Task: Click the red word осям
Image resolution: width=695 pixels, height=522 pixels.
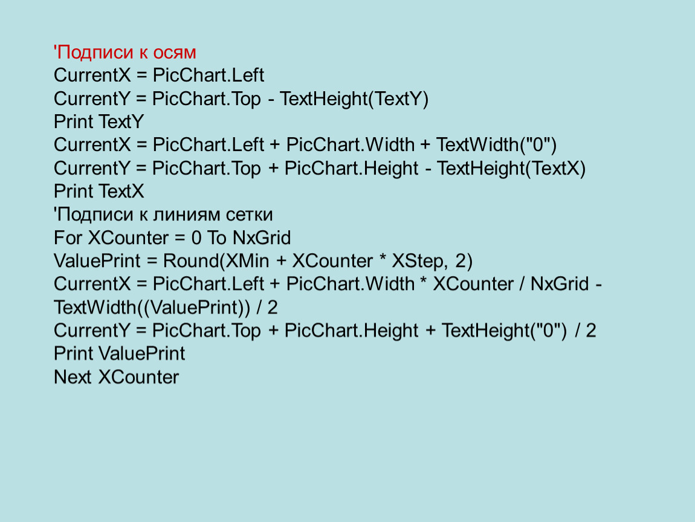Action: coord(175,53)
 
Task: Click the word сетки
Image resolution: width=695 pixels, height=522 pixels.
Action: coord(249,215)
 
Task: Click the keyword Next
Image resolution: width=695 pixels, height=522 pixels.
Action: coord(73,377)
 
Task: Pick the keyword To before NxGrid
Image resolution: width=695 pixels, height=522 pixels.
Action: coord(216,238)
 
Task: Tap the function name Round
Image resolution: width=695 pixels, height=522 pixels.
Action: coord(191,261)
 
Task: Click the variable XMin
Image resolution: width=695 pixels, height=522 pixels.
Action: coord(247,261)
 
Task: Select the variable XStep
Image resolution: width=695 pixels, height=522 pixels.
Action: coord(416,262)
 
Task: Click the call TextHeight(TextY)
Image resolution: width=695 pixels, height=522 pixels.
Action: coord(354,99)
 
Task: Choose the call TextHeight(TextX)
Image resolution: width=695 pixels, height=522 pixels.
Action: coord(511,169)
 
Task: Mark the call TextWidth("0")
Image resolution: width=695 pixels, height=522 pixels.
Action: coord(496,145)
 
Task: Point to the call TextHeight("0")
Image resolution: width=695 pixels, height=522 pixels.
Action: coord(504,330)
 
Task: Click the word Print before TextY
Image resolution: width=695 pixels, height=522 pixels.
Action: coord(73,122)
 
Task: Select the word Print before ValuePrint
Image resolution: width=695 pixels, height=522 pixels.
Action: coord(73,353)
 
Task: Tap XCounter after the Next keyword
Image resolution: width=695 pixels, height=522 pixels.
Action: coord(138,377)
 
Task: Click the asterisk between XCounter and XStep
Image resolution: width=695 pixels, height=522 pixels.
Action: coord(383,259)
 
